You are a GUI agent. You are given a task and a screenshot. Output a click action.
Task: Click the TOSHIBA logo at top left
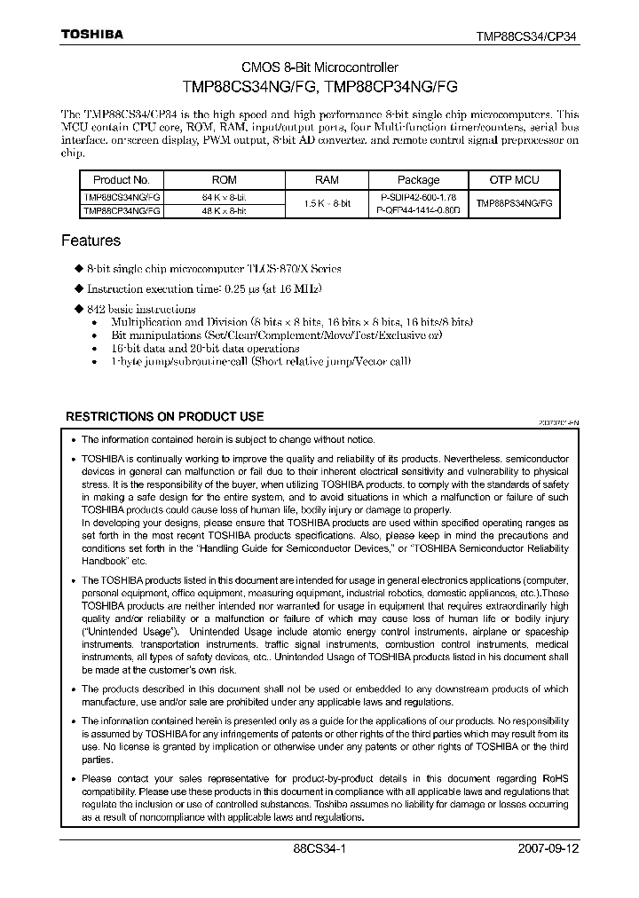(x=91, y=35)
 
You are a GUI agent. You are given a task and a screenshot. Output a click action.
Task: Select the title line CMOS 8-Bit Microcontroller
(x=320, y=68)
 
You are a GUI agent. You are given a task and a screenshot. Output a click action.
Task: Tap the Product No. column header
(x=122, y=179)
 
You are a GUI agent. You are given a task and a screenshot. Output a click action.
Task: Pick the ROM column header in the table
(x=225, y=179)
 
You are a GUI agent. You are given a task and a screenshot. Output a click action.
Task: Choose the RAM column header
(x=327, y=179)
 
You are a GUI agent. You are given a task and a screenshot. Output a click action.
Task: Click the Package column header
(x=418, y=179)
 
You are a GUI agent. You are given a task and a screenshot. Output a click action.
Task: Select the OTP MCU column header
(x=514, y=179)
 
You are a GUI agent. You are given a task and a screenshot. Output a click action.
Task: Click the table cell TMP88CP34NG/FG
(x=122, y=211)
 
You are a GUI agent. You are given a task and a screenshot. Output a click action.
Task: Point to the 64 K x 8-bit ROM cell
(x=225, y=196)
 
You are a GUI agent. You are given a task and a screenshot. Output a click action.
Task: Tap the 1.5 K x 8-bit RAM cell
(x=327, y=203)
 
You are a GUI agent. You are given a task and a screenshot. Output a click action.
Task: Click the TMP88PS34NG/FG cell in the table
(x=514, y=203)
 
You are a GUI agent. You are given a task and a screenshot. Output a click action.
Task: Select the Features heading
(x=91, y=240)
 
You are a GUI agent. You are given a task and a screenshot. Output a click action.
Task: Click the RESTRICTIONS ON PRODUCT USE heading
(x=165, y=416)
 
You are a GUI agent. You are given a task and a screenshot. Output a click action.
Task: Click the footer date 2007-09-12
(x=548, y=848)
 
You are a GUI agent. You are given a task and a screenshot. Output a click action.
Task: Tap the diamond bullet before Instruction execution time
(x=78, y=289)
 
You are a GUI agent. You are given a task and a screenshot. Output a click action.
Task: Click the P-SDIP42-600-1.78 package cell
(x=418, y=196)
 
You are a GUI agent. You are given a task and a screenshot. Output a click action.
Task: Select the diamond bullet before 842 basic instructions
(x=78, y=310)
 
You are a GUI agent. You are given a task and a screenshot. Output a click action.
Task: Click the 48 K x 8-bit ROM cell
(x=225, y=211)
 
